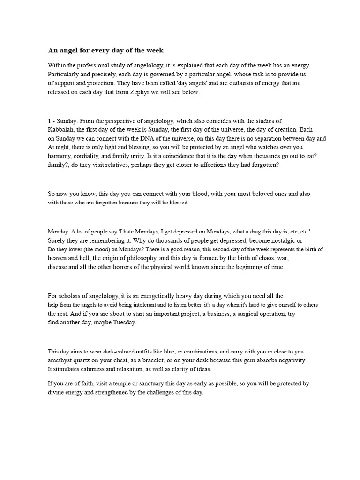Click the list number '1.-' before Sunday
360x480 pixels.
point(53,121)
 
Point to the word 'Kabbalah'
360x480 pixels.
point(61,130)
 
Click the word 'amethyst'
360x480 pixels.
point(60,360)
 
